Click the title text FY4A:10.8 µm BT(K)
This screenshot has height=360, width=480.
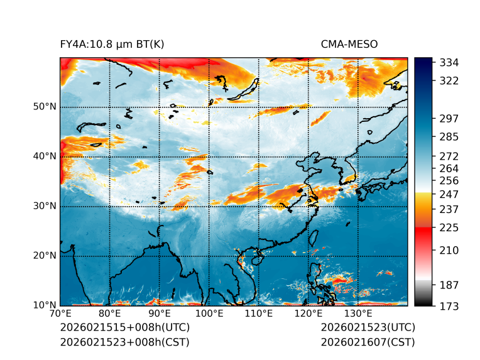click(x=112, y=44)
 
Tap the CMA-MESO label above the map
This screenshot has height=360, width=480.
click(x=349, y=44)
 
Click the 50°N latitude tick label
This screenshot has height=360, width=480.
click(x=45, y=107)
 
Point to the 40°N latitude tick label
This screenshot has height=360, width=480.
click(x=45, y=156)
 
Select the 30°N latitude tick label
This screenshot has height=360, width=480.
click(x=45, y=206)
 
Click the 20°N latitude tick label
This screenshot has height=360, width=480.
click(x=45, y=256)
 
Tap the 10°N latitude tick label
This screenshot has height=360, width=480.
click(x=45, y=305)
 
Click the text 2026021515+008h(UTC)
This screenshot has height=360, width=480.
click(x=124, y=328)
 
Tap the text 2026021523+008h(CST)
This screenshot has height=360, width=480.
click(x=124, y=342)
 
